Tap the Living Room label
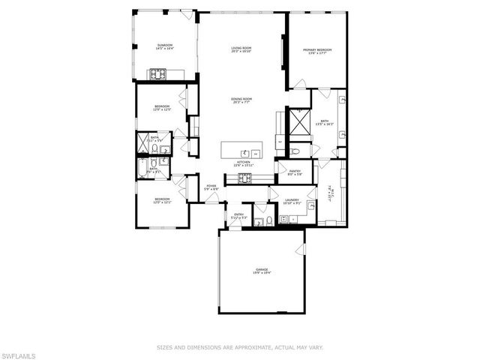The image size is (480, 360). pyautogui.click(x=241, y=50)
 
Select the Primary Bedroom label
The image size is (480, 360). pyautogui.click(x=317, y=52)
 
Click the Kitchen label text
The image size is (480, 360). pyautogui.click(x=244, y=163)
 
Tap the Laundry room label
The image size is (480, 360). pyautogui.click(x=292, y=202)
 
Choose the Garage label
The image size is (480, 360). pyautogui.click(x=261, y=271)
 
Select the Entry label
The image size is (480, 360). pyautogui.click(x=239, y=216)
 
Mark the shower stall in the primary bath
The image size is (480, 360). pyautogui.click(x=300, y=119)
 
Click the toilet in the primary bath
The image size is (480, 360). pyautogui.click(x=295, y=151)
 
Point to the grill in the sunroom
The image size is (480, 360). pyautogui.click(x=160, y=73)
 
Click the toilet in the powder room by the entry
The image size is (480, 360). pyautogui.click(x=259, y=221)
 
